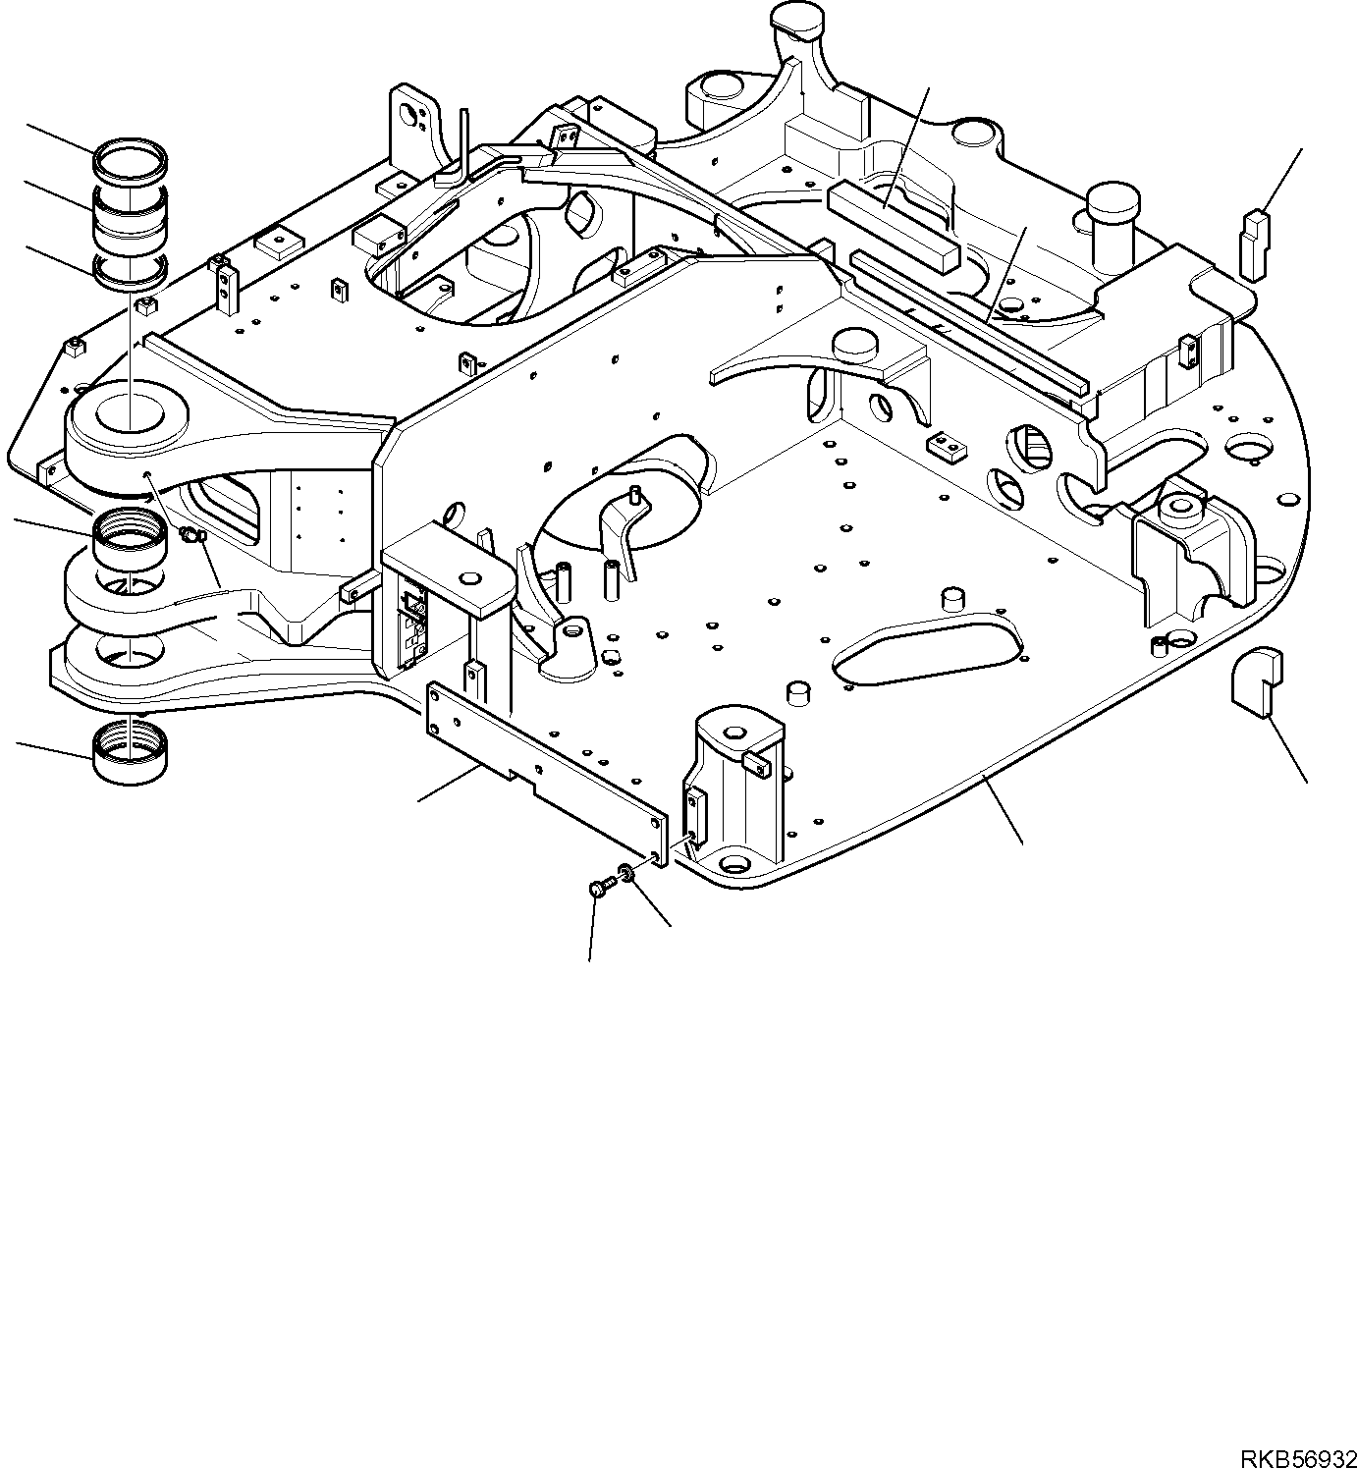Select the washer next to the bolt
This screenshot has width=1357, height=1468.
coord(625,871)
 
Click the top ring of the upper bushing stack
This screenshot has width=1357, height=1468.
coord(131,158)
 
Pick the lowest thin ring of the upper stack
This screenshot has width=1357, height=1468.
coord(131,272)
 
